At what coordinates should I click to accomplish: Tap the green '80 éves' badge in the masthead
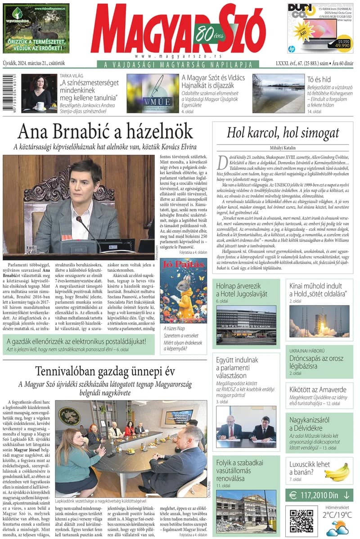pyautogui.click(x=207, y=33)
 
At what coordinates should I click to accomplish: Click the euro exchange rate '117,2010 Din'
pyautogui.click(x=319, y=495)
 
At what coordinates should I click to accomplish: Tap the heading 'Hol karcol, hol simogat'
pyautogui.click(x=283, y=133)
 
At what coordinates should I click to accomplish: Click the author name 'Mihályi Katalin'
pyautogui.click(x=283, y=148)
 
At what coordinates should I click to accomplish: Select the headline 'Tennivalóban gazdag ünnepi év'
pyautogui.click(x=105, y=371)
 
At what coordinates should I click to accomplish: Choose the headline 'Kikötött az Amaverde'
pyautogui.click(x=318, y=390)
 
